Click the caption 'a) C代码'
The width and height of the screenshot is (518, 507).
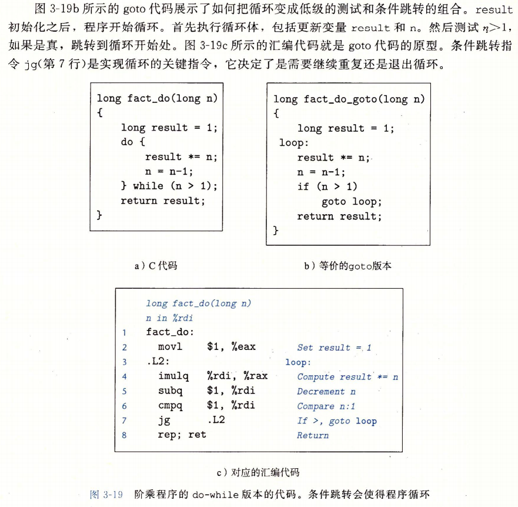(x=156, y=266)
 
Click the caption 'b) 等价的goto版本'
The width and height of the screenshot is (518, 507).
(x=347, y=266)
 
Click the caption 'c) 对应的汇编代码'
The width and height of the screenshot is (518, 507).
(x=259, y=472)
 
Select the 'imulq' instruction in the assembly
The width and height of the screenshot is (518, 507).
(x=174, y=376)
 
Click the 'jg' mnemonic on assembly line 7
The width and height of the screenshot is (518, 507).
(x=163, y=421)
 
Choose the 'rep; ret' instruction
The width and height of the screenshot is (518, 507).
(x=182, y=435)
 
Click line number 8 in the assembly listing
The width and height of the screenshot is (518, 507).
(x=125, y=435)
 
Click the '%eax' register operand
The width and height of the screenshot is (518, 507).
(x=243, y=347)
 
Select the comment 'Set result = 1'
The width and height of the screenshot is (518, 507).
(x=334, y=348)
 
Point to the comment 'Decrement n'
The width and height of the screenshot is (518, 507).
(x=326, y=391)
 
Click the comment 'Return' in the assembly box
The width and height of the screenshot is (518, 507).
(x=313, y=435)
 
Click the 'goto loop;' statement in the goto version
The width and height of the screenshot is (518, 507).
(x=351, y=202)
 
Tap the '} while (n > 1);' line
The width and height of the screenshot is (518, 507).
(x=169, y=186)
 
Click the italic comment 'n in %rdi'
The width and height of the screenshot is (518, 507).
(x=169, y=318)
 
